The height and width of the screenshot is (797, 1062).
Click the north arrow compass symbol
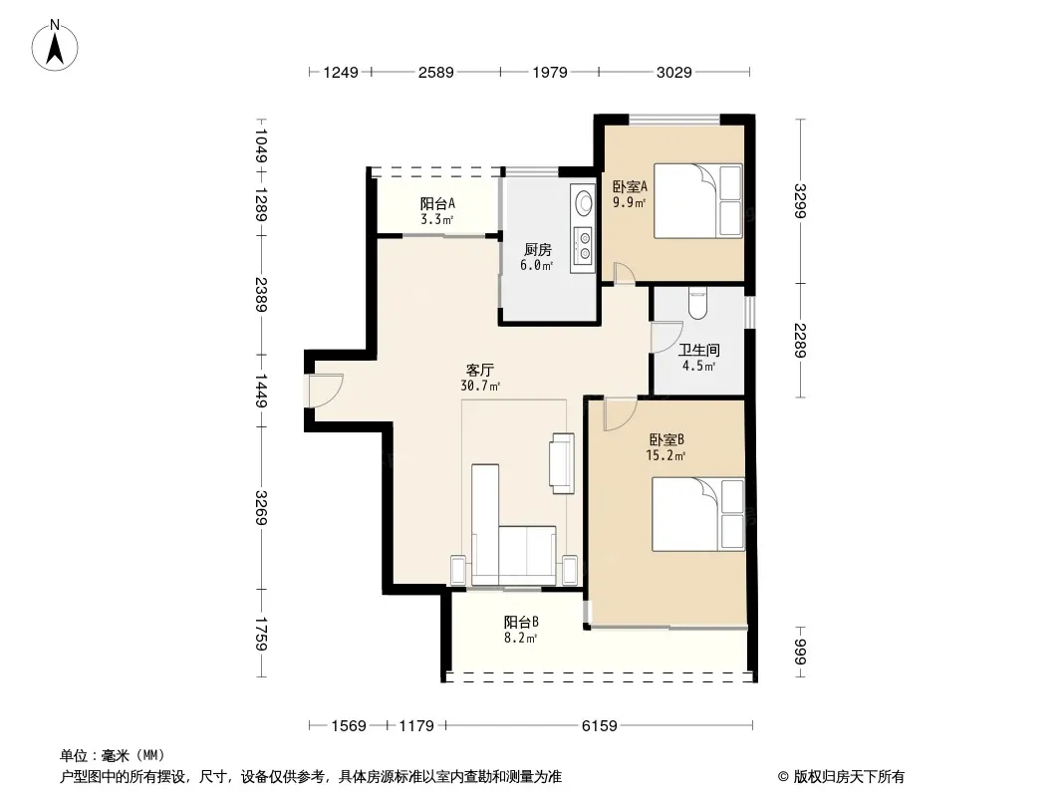[55, 46]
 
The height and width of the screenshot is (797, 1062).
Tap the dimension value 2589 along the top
[435, 72]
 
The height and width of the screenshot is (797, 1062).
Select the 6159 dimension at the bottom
[600, 726]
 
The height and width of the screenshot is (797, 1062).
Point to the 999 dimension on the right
[800, 652]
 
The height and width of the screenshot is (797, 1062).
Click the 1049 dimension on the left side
[261, 145]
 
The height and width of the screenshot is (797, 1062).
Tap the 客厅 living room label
[479, 371]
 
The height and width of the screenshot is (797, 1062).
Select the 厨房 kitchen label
[537, 250]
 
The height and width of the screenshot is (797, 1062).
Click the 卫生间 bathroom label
[699, 350]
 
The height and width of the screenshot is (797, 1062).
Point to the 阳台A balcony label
[437, 203]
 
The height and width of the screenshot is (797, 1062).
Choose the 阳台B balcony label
[521, 622]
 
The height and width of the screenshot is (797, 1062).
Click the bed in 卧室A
[697, 200]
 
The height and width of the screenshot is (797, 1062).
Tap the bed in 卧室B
[697, 515]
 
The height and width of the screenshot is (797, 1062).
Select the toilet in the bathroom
[697, 304]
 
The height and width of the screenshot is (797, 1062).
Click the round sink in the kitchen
[583, 202]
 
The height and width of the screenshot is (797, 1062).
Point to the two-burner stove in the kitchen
[583, 246]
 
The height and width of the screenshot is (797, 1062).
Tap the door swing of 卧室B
[620, 414]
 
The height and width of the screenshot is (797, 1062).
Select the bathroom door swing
[666, 337]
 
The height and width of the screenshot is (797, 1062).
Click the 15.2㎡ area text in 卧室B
[665, 455]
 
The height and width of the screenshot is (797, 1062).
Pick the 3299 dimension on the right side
[800, 200]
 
